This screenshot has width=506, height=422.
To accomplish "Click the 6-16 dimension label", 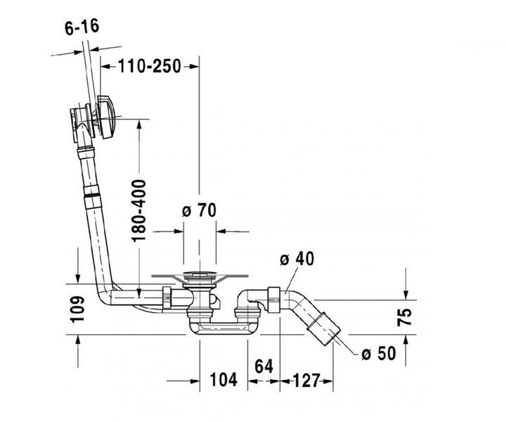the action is tap(82, 27).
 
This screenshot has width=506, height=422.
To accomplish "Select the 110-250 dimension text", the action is tap(149, 66).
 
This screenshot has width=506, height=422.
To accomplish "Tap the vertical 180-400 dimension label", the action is tap(138, 210).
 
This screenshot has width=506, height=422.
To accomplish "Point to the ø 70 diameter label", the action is tap(199, 210).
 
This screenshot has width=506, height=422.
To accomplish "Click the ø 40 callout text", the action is tap(297, 259).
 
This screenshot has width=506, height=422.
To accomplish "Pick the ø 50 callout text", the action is tap(378, 353).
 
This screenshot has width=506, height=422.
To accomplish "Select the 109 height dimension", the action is tap(77, 309).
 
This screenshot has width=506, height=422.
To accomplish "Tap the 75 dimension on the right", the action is tap(405, 317).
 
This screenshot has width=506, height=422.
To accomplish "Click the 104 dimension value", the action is tap(223, 379).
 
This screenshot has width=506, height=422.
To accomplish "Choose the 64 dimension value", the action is tap(264, 366).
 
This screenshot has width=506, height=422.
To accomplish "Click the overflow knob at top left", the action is tap(106, 117).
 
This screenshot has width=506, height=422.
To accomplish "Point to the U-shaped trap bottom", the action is tap(221, 328).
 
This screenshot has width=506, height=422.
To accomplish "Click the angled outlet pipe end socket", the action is tap(323, 327).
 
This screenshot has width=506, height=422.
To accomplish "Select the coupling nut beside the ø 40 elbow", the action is tap(274, 300).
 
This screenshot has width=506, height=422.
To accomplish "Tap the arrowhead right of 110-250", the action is tap(194, 67).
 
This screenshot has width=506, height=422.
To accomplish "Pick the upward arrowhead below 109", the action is tap(78, 340).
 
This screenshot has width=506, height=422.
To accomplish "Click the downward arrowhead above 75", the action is tap(406, 295).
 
